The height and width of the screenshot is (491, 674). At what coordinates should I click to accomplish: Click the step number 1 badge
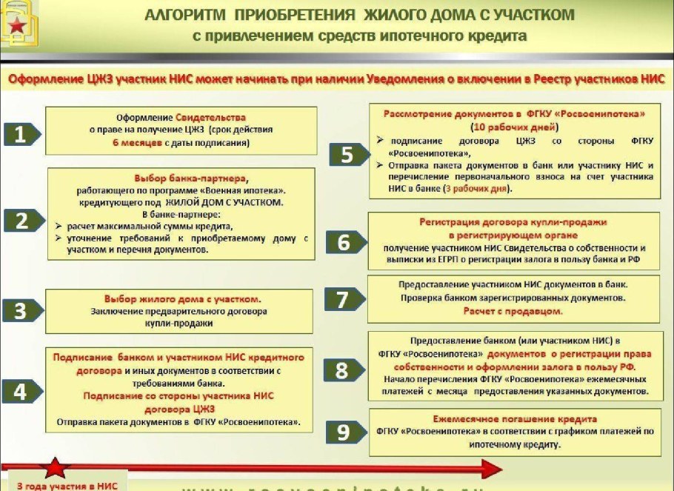tap(23, 134)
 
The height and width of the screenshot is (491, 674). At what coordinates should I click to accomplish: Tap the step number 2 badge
tap(23, 219)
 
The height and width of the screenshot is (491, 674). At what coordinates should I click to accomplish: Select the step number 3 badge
tap(23, 310)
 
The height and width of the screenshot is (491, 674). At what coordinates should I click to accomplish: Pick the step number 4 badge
tap(23, 391)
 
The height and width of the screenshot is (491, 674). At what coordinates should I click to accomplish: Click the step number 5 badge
tap(345, 154)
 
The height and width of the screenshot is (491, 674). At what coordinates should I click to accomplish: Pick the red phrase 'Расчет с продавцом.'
tap(513, 311)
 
